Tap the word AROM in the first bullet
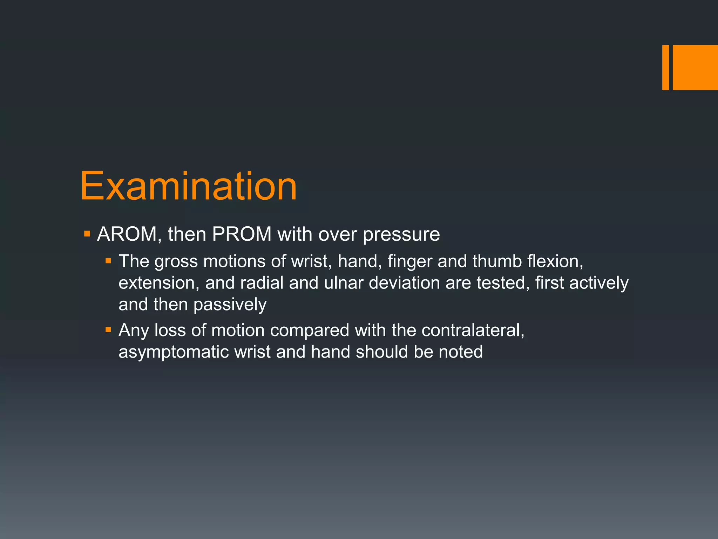click(x=127, y=234)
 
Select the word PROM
click(x=242, y=234)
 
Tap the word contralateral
click(x=473, y=330)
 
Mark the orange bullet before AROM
click(x=87, y=233)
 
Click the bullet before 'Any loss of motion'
click(x=108, y=330)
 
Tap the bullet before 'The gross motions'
click(x=108, y=261)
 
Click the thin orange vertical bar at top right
click(x=665, y=67)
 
